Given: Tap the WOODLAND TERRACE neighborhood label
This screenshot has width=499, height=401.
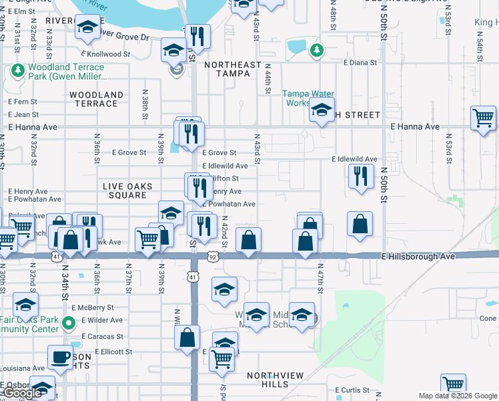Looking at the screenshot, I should (97, 99).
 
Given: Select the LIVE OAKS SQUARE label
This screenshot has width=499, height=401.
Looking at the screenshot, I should (127, 190).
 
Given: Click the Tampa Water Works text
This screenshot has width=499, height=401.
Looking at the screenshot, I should (308, 98).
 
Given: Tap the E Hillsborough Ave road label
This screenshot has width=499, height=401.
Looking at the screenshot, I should (418, 256).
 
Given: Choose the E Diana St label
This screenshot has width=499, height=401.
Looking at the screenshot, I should (360, 63).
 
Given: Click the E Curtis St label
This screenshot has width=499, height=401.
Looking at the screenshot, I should (352, 390).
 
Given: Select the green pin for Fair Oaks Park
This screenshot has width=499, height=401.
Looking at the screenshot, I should (67, 323).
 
